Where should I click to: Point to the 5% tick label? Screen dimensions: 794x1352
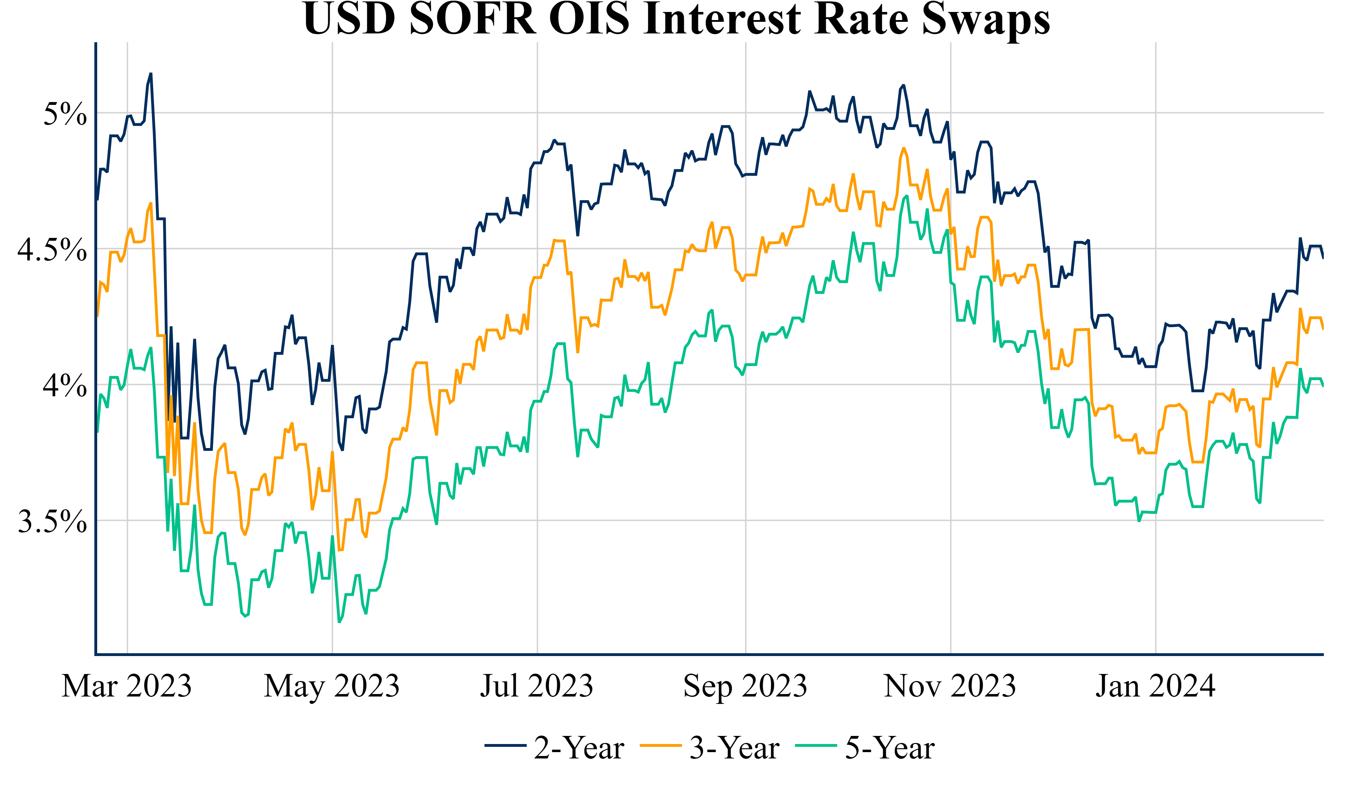pos(65,114)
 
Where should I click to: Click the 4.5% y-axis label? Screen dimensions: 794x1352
pos(52,250)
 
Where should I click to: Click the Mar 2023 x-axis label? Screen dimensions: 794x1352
pos(127,686)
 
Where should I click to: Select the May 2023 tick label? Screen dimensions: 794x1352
pos(332,686)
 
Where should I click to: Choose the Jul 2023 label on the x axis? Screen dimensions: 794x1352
pos(537,686)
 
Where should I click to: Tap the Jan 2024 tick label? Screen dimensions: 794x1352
pos(1155,686)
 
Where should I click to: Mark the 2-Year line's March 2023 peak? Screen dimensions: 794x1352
pos(151,74)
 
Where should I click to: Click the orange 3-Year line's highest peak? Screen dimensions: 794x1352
pos(904,148)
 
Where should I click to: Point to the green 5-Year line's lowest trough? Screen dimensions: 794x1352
pos(339,622)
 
